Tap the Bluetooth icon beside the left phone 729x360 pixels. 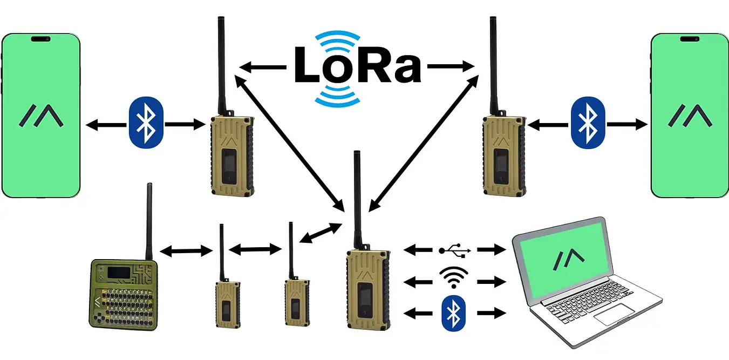146,123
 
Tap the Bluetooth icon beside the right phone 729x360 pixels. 588,123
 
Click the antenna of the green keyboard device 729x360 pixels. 149,221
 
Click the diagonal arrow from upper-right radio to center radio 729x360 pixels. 424,141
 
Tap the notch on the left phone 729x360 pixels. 42,39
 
